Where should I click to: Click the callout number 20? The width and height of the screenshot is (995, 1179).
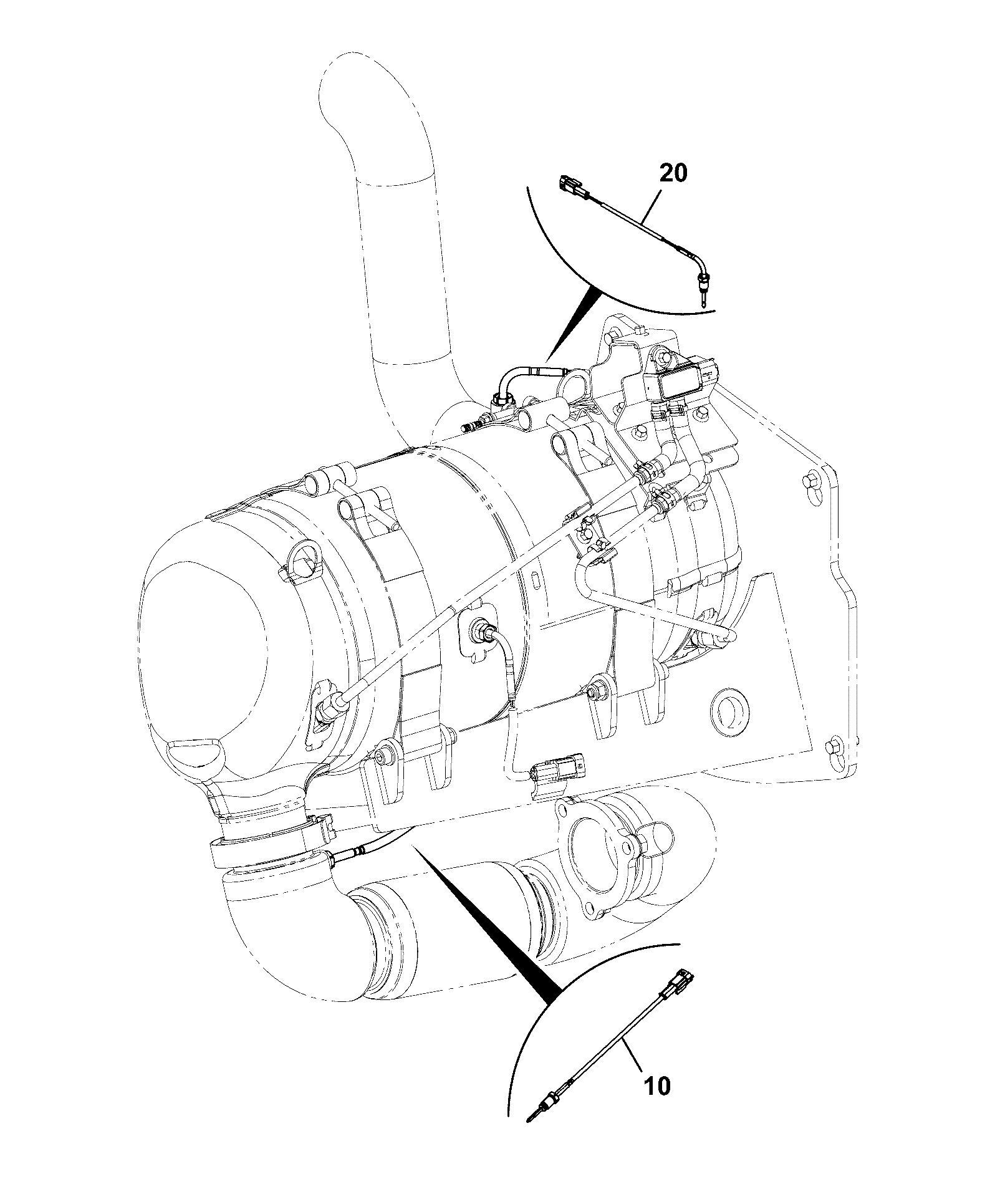[673, 173]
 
